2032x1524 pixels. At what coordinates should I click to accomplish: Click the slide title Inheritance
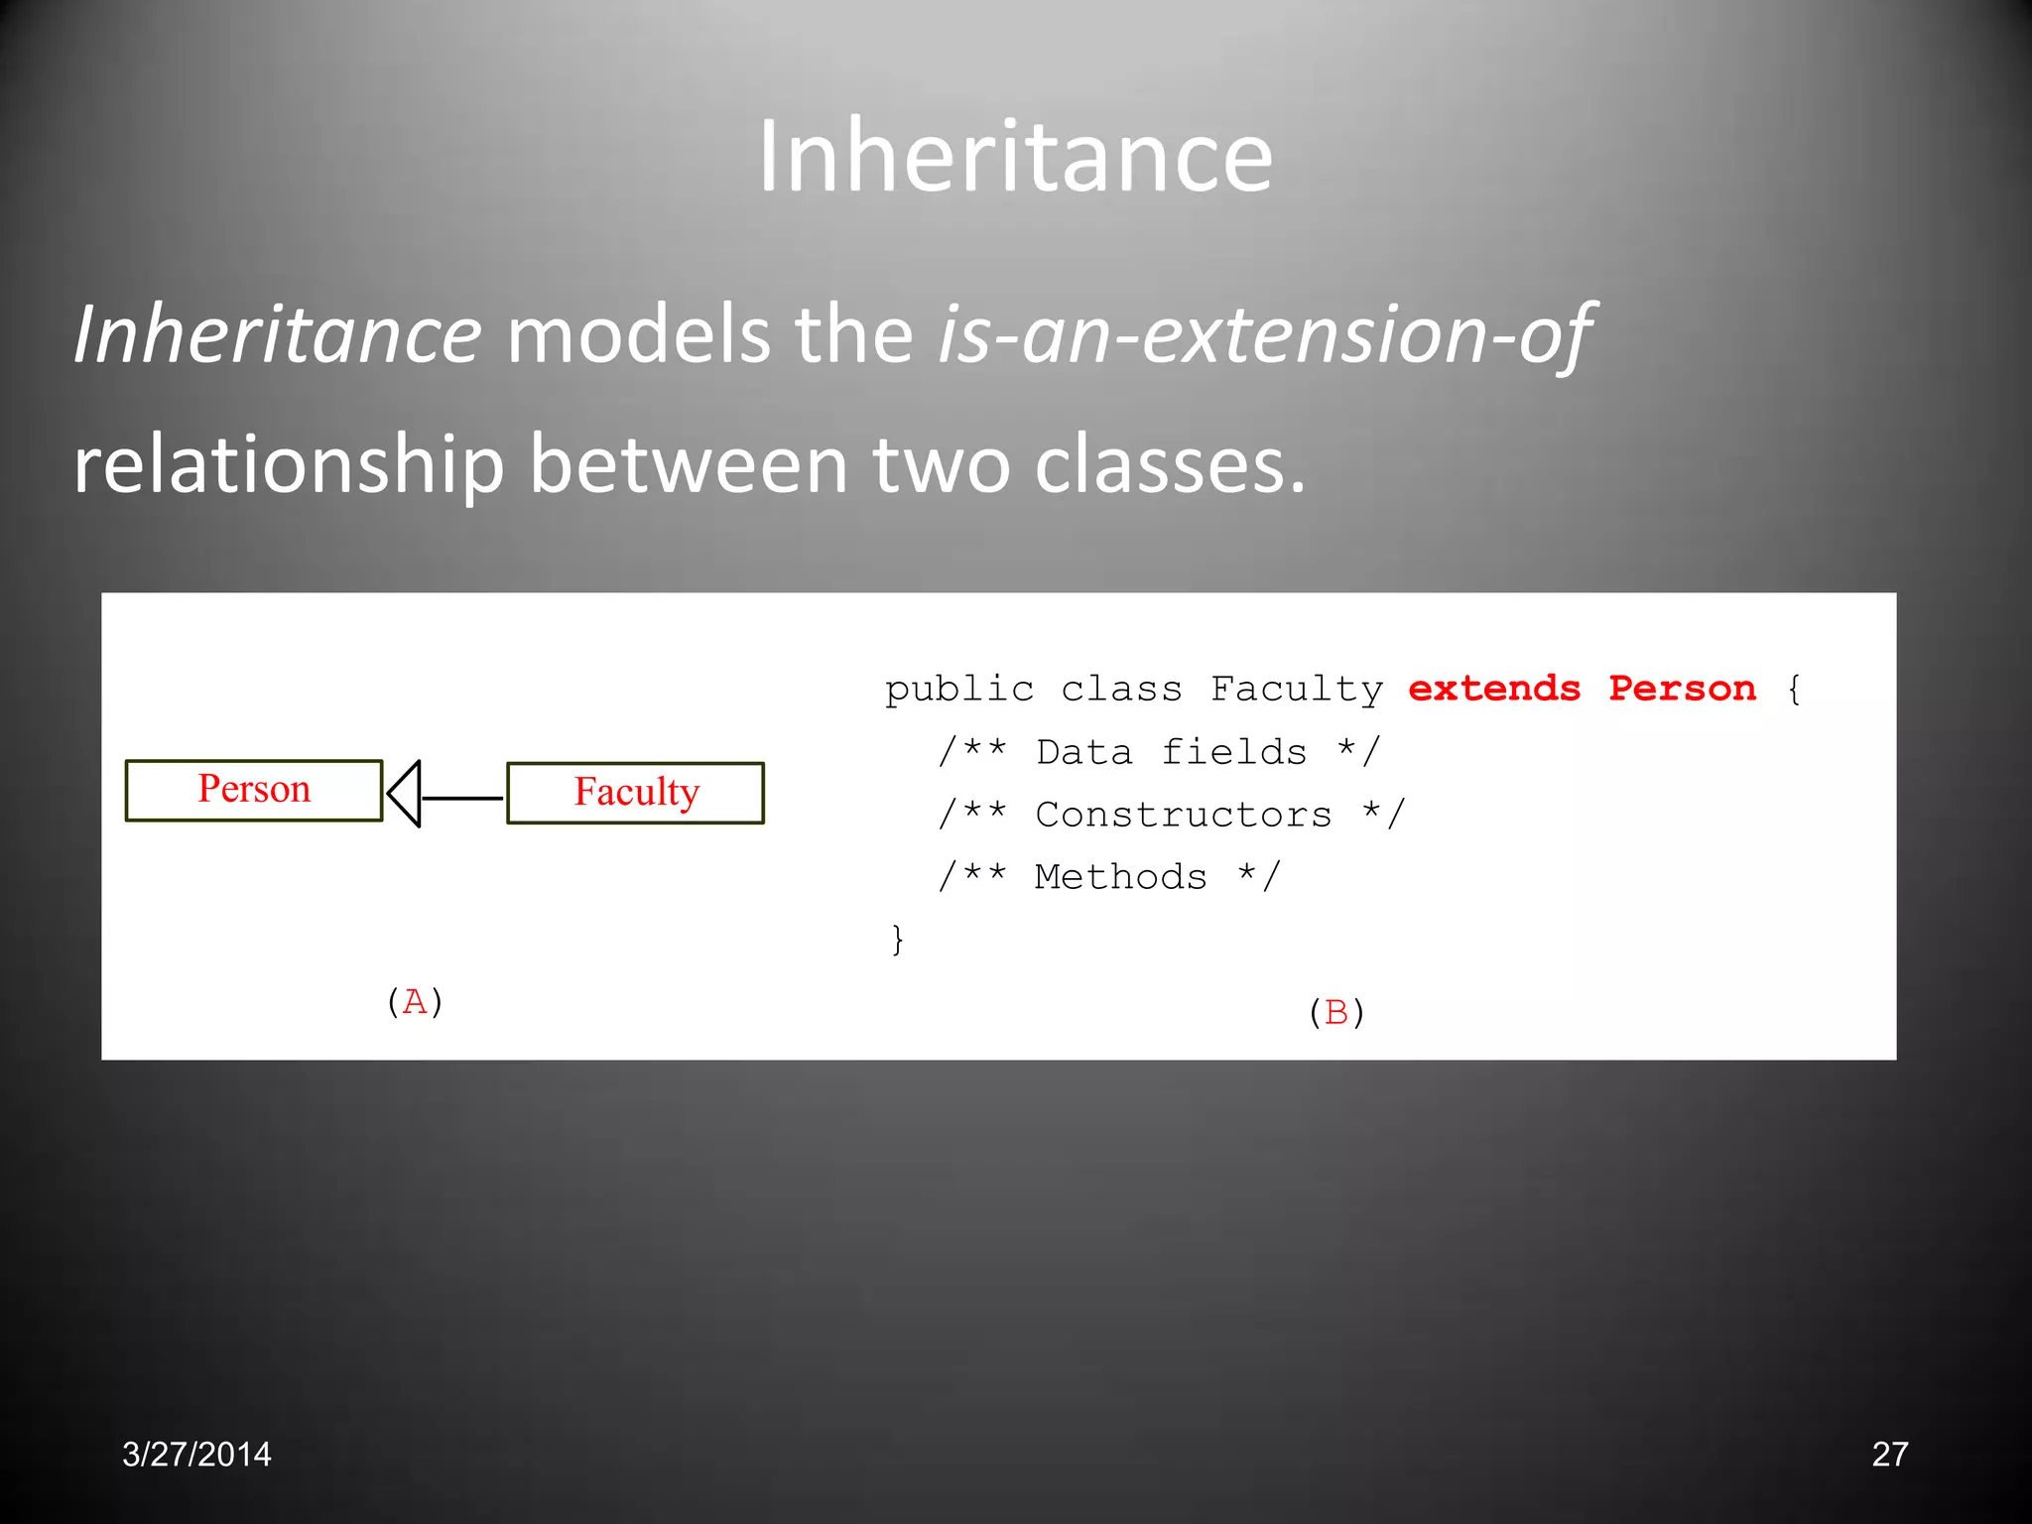[x=1015, y=157]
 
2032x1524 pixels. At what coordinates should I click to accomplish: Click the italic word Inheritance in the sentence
[x=278, y=335]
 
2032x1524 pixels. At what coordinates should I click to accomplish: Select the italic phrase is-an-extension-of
[x=1265, y=335]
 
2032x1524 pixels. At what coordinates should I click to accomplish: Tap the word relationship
[x=289, y=464]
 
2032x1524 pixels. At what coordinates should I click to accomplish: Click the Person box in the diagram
[x=254, y=790]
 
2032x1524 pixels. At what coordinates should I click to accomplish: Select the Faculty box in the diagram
[x=636, y=792]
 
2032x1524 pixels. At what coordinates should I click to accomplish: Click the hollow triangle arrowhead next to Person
[x=406, y=794]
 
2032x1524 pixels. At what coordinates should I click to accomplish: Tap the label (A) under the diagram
[x=415, y=1001]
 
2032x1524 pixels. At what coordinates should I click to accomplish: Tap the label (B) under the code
[x=1336, y=1012]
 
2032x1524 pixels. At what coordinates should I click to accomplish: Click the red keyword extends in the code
[x=1493, y=689]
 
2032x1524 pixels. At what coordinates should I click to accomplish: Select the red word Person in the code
[x=1682, y=689]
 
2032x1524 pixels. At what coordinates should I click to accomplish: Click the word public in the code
[x=958, y=689]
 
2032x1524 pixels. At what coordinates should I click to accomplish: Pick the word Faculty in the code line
[x=1296, y=689]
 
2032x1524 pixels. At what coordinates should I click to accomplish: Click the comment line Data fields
[x=1158, y=752]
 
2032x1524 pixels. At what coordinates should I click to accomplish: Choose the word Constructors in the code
[x=1183, y=815]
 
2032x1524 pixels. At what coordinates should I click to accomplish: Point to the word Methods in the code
[x=1120, y=877]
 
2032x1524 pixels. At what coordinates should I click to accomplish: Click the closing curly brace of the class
[x=897, y=939]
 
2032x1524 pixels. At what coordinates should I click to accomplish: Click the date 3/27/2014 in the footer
[x=196, y=1455]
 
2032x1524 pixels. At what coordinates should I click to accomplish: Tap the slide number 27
[x=1889, y=1455]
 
